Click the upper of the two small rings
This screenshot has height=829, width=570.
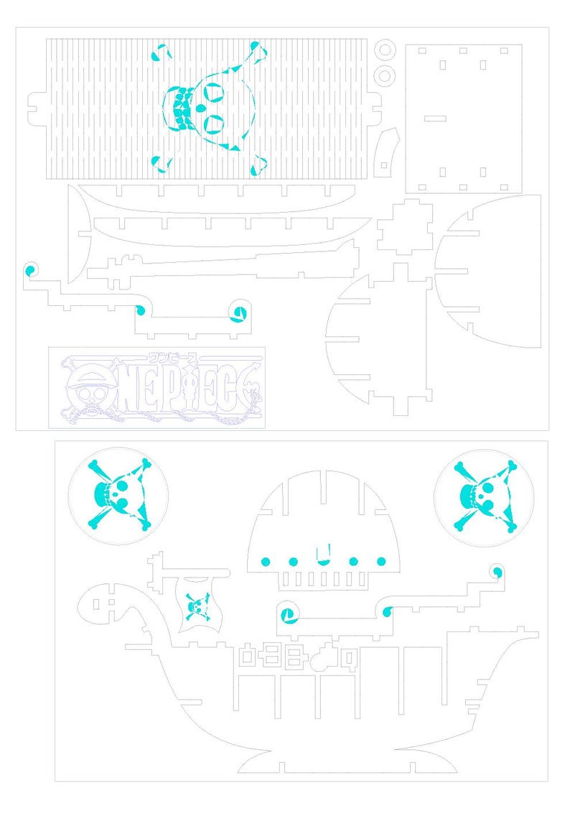click(385, 49)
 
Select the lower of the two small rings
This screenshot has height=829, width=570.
click(385, 75)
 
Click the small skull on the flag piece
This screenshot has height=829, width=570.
click(196, 606)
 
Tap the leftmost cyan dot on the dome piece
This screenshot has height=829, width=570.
click(264, 561)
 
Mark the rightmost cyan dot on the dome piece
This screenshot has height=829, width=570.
click(381, 561)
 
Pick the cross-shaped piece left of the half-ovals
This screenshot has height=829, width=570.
click(404, 227)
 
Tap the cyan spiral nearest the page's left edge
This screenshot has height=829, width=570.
click(30, 270)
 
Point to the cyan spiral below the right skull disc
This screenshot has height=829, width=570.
click(495, 571)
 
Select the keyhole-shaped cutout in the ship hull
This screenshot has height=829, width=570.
click(328, 655)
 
